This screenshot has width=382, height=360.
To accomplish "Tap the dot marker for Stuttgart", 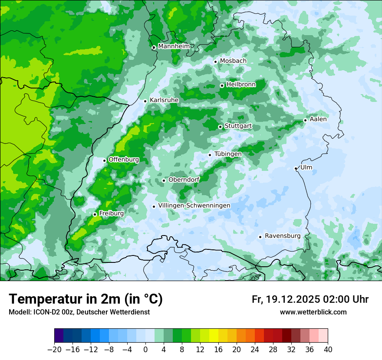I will tap(221, 127).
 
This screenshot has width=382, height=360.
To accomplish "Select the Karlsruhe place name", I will tap(164, 100).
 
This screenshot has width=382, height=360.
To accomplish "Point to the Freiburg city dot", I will tap(95, 214).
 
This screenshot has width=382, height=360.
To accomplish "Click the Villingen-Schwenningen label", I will tap(194, 206).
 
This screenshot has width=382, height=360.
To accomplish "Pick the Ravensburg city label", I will tap(282, 236).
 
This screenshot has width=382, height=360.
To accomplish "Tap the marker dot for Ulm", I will tap(296, 168).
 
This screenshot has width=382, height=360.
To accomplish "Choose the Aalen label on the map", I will tap(318, 119).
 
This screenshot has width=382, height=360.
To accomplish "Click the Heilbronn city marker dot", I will tap(222, 85).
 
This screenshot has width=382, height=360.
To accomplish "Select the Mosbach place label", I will tap(233, 61).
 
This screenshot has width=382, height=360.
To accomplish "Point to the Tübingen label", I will tap(228, 154).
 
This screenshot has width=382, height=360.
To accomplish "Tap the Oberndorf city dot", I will tap(164, 180).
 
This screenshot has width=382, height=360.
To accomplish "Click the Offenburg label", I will tap(124, 160).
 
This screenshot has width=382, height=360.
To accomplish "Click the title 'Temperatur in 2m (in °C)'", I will tap(86, 299).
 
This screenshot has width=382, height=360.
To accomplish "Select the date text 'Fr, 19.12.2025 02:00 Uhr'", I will tap(310, 299).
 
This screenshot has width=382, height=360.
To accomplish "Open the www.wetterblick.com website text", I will tap(313, 312).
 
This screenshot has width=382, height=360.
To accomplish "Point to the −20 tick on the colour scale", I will tap(55, 349).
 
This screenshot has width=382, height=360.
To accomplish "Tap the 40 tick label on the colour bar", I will tap(328, 349).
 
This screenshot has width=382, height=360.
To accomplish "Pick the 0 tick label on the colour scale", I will tap(145, 349).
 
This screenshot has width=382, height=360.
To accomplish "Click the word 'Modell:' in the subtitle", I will tap(19, 312).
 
